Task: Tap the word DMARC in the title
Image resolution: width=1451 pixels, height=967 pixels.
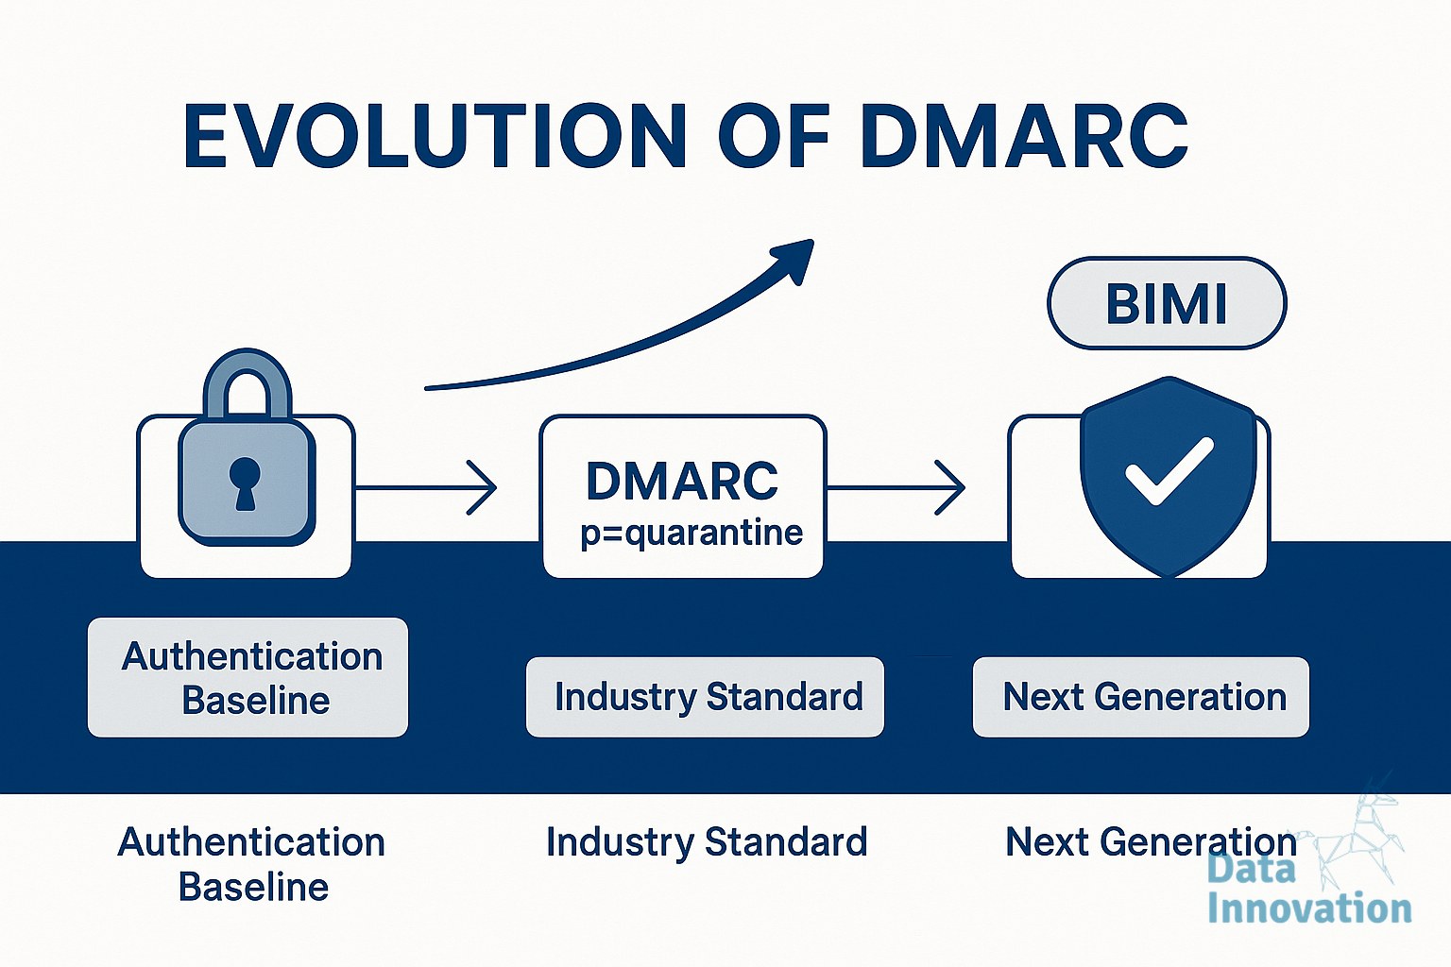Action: [x=1024, y=137]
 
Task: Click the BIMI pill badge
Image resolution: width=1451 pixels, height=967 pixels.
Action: [x=1167, y=303]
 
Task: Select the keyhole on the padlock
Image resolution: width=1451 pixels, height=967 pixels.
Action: [x=245, y=482]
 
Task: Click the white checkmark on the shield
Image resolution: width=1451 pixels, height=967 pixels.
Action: [x=1169, y=469]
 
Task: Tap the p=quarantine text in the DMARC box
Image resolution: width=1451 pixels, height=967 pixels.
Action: [x=691, y=534]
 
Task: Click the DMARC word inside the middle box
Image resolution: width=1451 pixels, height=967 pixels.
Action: [x=682, y=482]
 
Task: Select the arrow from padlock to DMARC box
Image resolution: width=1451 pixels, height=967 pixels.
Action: [x=425, y=487]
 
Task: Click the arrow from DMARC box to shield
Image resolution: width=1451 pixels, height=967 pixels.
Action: [x=896, y=487]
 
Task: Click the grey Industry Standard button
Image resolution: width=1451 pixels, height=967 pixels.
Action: [x=706, y=697]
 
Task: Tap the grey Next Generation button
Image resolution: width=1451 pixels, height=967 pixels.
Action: [x=1141, y=697]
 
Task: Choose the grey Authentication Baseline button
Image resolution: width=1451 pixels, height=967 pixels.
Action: [x=248, y=677]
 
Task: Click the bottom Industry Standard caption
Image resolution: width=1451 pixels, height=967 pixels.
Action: [x=706, y=841]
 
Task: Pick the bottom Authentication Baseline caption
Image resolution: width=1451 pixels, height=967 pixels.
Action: [x=251, y=863]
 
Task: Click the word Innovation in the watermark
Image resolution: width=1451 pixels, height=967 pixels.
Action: [x=1309, y=908]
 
